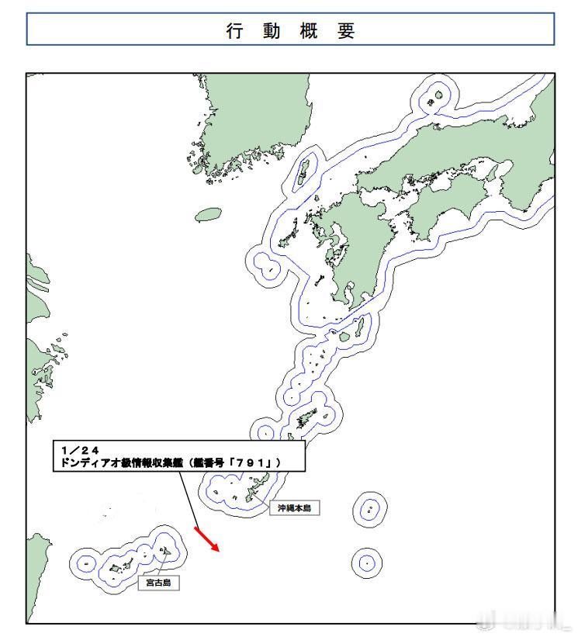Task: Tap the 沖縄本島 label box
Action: click(294, 508)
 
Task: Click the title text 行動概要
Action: click(290, 31)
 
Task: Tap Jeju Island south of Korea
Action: click(209, 214)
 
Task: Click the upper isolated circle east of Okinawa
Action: click(371, 509)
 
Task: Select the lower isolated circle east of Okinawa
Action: click(366, 562)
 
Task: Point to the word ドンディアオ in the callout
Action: click(93, 462)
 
